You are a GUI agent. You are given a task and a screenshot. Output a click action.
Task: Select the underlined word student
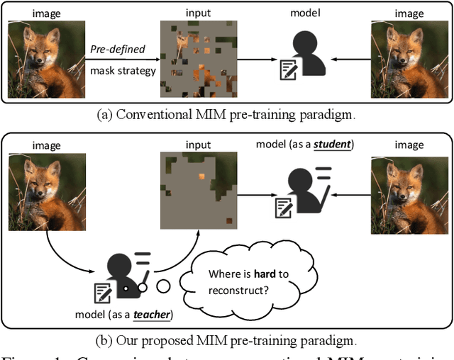click(x=333, y=145)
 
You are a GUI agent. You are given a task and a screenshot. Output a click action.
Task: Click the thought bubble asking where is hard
click(x=245, y=281)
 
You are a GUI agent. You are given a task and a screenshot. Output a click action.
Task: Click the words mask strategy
click(x=122, y=70)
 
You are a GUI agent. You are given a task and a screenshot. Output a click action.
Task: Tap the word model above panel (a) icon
click(x=306, y=13)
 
